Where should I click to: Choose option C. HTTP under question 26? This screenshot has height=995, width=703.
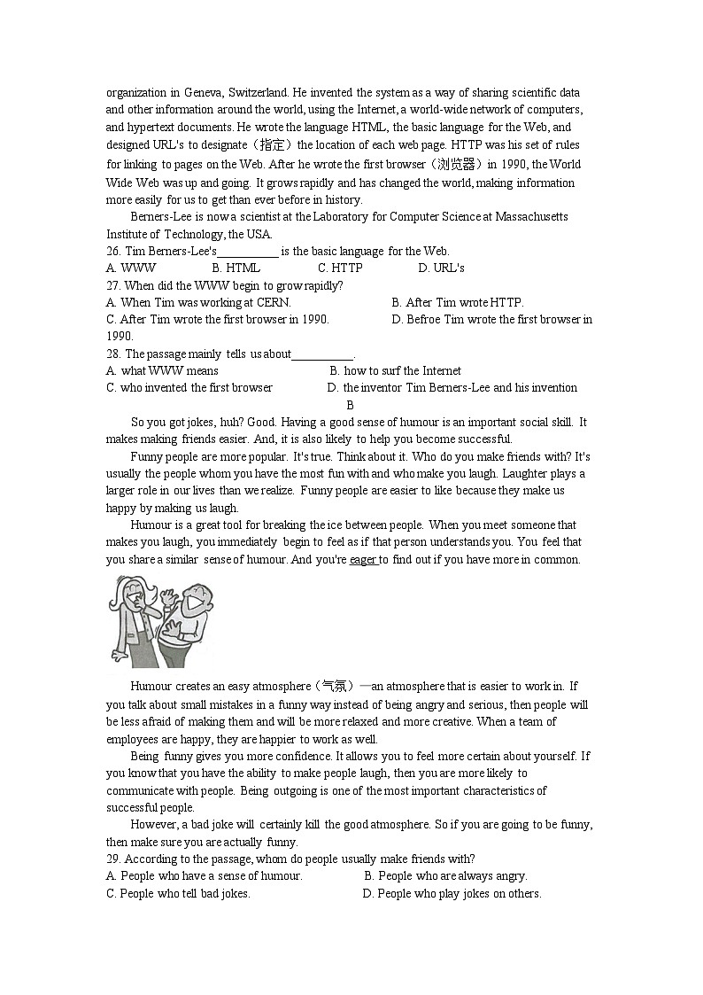click(x=340, y=268)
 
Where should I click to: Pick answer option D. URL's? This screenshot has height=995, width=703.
click(x=441, y=268)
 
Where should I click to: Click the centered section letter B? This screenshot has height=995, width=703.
click(x=350, y=405)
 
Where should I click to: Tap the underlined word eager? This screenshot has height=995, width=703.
click(x=363, y=560)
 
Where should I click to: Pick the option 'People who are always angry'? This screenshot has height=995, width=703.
click(x=445, y=876)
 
